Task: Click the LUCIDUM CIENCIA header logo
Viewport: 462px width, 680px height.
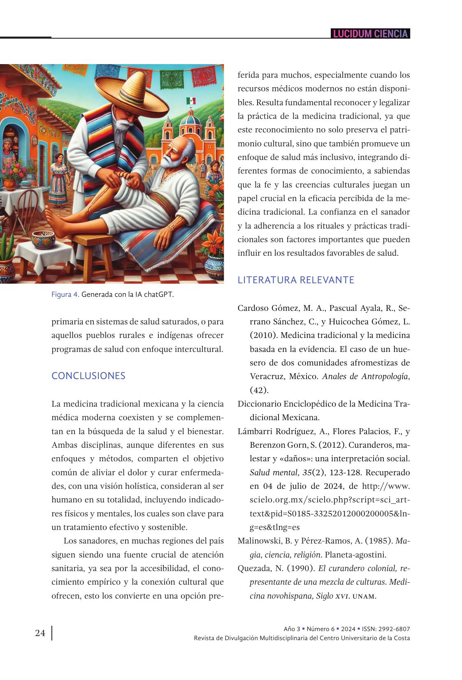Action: [x=370, y=34]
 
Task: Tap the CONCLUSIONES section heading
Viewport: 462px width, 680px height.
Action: [x=88, y=376]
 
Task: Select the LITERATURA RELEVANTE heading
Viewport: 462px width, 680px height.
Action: [x=296, y=280]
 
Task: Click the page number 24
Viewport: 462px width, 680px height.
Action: [x=40, y=633]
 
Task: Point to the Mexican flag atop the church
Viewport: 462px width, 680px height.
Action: [x=191, y=101]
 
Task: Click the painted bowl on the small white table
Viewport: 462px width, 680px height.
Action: [x=44, y=238]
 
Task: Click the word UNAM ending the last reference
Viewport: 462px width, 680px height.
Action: [x=364, y=596]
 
